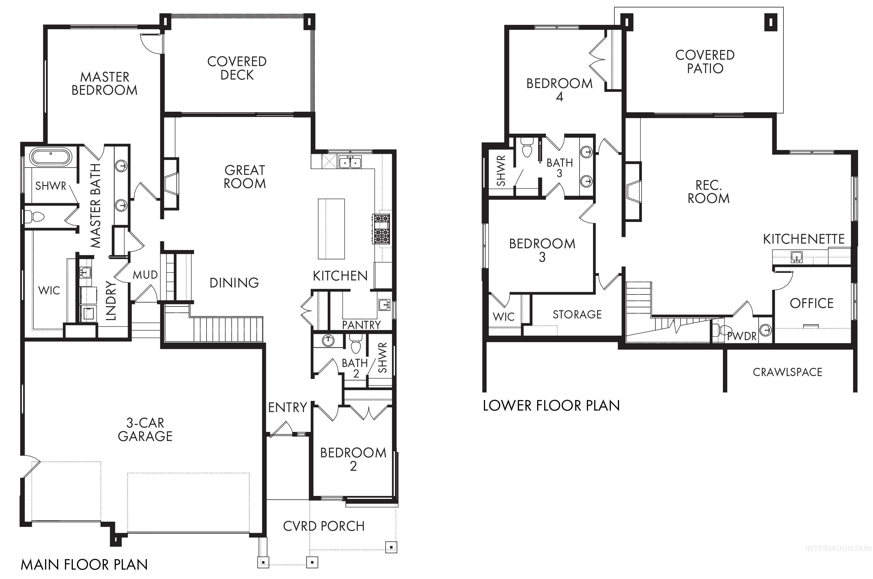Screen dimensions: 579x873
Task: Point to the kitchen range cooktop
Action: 381,229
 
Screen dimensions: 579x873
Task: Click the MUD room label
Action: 145,275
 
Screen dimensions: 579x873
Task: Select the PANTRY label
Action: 361,325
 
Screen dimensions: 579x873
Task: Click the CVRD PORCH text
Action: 324,526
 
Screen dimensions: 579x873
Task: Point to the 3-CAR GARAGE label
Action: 145,430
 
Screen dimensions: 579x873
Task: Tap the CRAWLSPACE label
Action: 787,372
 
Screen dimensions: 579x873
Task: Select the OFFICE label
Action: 811,304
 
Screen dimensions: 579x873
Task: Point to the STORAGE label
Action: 577,315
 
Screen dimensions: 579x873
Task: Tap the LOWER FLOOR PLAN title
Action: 551,406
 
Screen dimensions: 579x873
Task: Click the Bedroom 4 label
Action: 559,90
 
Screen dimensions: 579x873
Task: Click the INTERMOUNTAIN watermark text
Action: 838,559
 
